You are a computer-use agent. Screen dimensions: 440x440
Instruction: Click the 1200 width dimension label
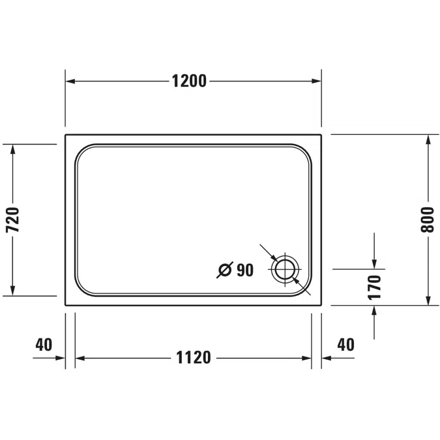coord(189,81)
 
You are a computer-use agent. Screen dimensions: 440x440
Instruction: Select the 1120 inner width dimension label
coord(194,358)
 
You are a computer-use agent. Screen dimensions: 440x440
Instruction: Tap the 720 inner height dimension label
coord(14,220)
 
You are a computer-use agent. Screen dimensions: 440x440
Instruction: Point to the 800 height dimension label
coord(427,220)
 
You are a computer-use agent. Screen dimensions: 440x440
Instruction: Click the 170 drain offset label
coord(374,287)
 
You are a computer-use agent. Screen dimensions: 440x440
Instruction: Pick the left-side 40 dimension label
coord(44,344)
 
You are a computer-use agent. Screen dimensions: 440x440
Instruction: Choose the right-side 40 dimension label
coord(345,344)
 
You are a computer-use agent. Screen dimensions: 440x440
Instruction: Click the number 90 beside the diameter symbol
coord(245,269)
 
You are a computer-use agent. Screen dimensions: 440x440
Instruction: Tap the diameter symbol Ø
coord(225,269)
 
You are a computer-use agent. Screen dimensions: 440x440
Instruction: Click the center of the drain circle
coord(286,269)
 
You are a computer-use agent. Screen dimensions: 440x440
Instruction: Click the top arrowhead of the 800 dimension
coord(428,139)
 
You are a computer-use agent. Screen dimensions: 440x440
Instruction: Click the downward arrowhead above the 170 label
coord(374,263)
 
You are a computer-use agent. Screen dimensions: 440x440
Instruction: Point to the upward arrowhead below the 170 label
coord(374,310)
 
